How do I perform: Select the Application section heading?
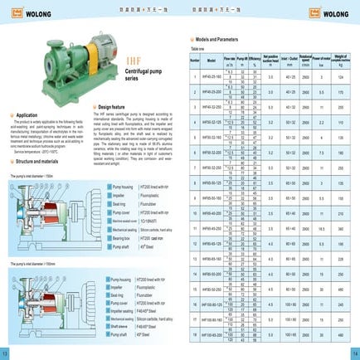tap(27, 114)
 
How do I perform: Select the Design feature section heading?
tap(112, 107)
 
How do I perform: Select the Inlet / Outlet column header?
tap(288, 61)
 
